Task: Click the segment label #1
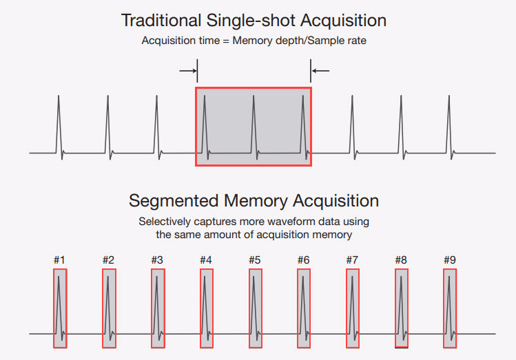tap(59, 260)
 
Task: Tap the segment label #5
tap(254, 260)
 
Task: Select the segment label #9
tap(449, 260)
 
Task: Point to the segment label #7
tap(352, 260)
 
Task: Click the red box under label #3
tap(158, 308)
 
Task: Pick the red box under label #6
tap(304, 308)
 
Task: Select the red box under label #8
tap(402, 308)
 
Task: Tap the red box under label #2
tap(109, 308)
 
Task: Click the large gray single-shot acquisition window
tap(254, 127)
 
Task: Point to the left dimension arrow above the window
tap(187, 70)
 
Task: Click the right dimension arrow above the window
tap(321, 70)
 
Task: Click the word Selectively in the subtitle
tap(165, 222)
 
